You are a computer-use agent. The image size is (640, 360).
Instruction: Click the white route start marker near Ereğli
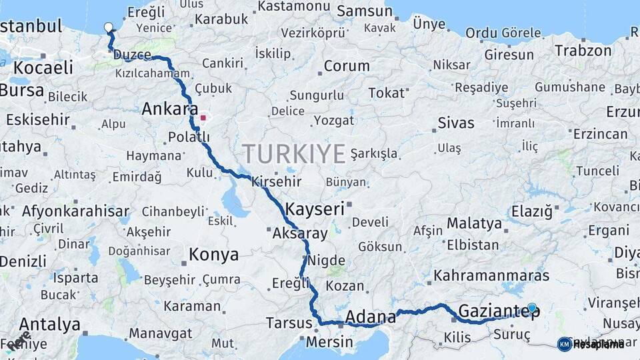point(109,27)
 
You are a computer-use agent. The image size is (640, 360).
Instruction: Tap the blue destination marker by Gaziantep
point(531,307)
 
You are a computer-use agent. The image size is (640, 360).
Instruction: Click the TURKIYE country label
point(294,154)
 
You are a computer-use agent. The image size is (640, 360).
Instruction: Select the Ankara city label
point(170,109)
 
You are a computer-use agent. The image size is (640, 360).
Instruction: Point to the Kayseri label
point(315,209)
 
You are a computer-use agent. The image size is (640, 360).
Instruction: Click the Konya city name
point(213,255)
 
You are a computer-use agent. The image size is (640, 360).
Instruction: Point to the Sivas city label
point(456,123)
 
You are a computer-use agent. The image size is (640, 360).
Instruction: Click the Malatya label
point(474,223)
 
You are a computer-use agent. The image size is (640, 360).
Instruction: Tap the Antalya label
point(50,325)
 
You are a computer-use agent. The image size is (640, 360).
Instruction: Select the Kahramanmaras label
point(491,275)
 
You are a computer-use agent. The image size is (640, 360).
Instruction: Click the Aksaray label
point(300,233)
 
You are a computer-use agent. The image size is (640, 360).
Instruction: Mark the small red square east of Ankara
point(203,118)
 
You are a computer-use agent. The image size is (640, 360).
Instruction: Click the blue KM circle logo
point(564,344)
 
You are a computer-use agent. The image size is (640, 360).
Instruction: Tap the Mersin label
point(329,342)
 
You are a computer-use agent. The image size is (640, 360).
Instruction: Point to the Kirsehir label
point(276,181)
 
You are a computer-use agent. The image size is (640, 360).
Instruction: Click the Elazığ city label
point(531,212)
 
